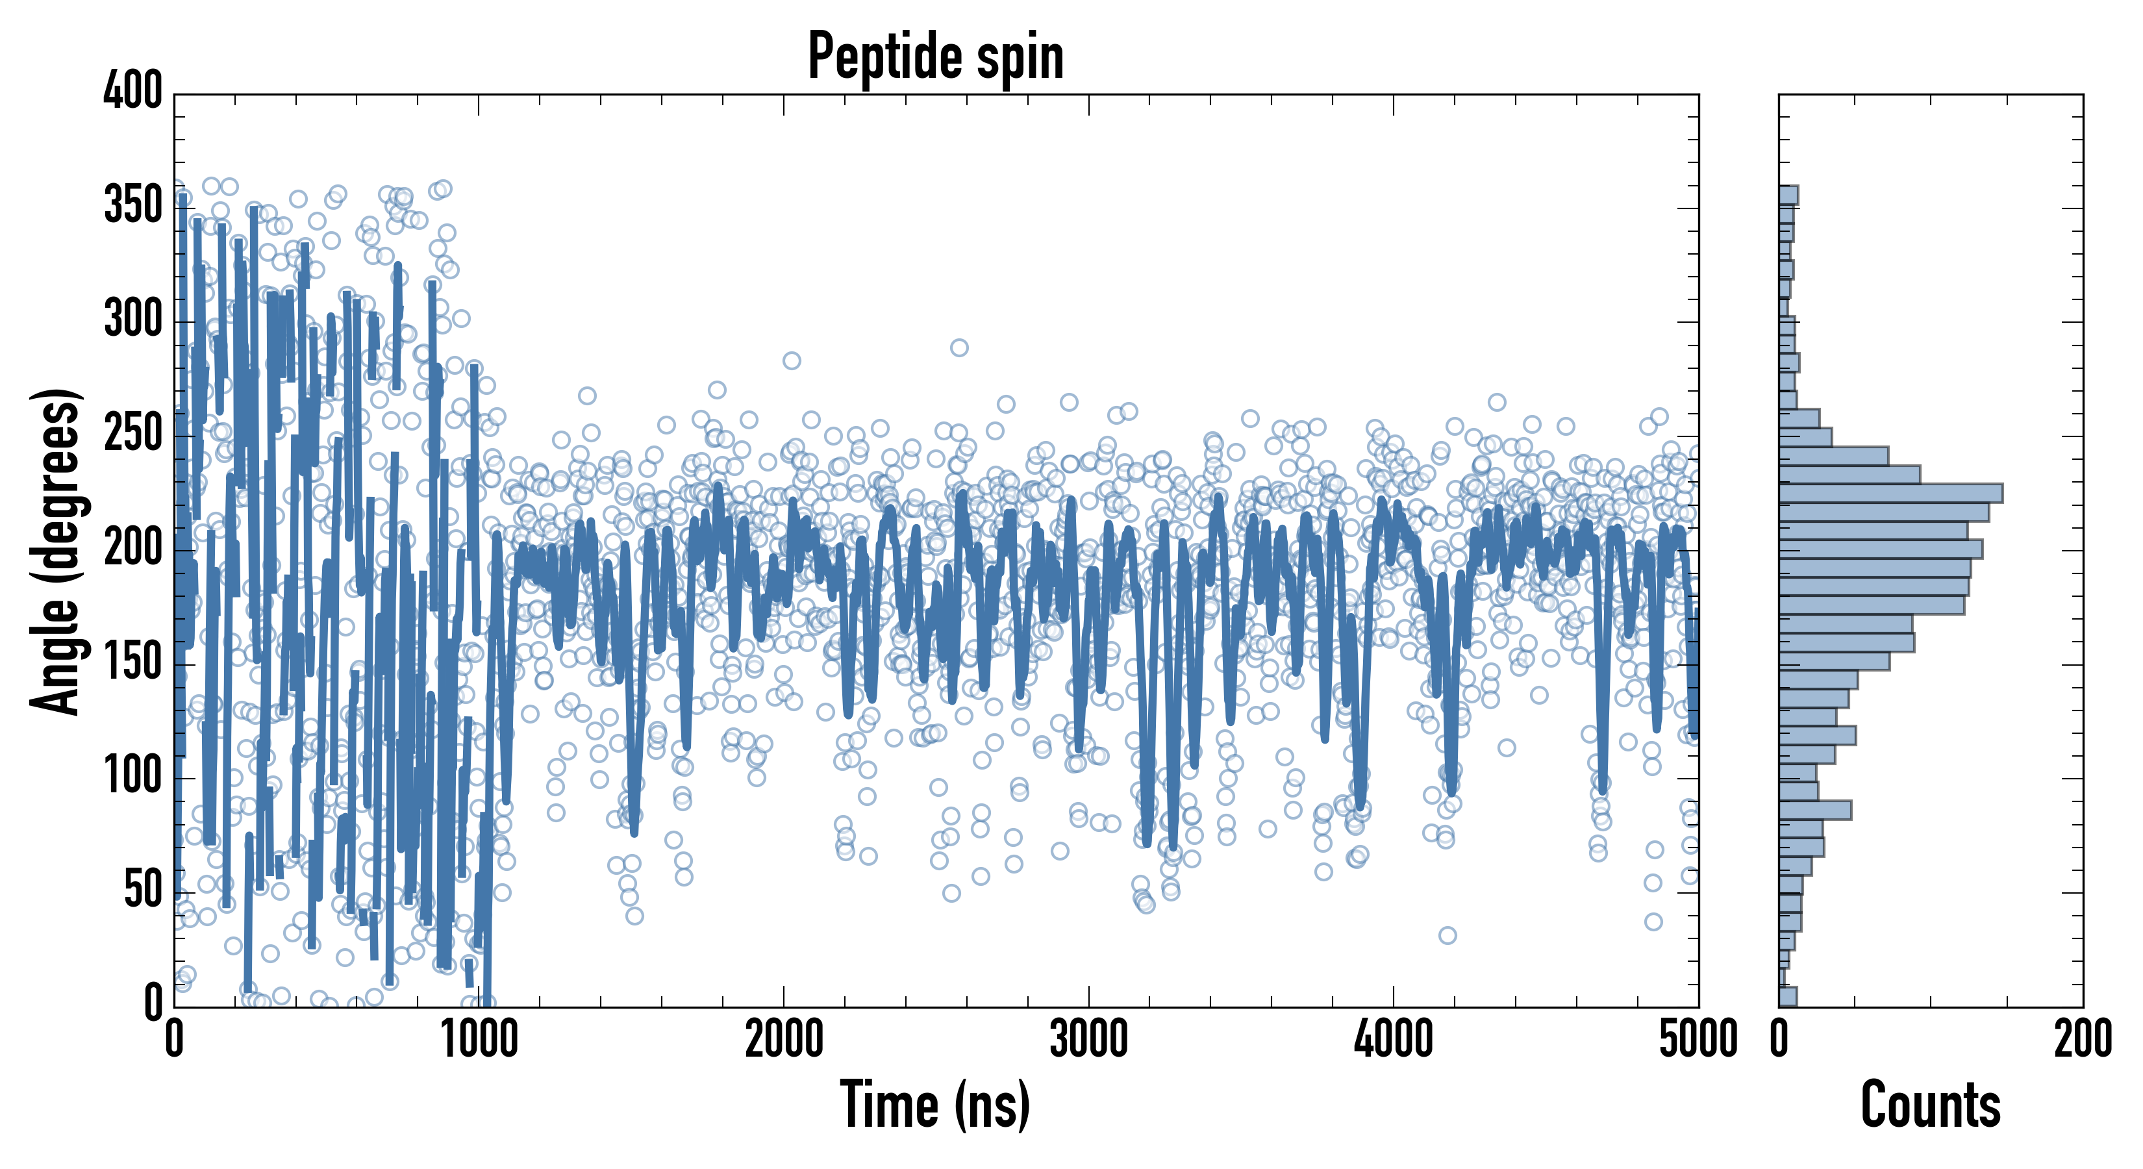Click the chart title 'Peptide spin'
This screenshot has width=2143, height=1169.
(935, 57)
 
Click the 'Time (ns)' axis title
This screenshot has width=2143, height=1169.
(935, 1105)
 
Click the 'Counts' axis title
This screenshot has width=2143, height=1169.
(1930, 1105)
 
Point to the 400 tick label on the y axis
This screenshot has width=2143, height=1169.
(133, 92)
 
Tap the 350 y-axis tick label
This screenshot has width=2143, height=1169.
(133, 205)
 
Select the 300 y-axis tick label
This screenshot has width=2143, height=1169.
(133, 320)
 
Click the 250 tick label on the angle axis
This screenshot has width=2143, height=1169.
(133, 433)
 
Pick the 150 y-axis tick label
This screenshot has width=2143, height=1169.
(133, 662)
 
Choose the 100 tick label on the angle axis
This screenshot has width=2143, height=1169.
(133, 776)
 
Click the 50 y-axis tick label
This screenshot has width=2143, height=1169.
(143, 890)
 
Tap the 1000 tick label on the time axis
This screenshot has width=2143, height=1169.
(479, 1040)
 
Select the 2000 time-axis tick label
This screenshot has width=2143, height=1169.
(784, 1040)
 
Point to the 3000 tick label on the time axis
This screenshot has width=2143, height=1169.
(1088, 1040)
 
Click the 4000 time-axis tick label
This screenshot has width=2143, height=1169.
(1394, 1040)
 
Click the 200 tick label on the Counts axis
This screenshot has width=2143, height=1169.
(2082, 1040)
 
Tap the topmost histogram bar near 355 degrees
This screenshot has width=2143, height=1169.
(1788, 195)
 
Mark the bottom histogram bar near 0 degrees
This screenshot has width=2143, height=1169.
(1788, 997)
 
